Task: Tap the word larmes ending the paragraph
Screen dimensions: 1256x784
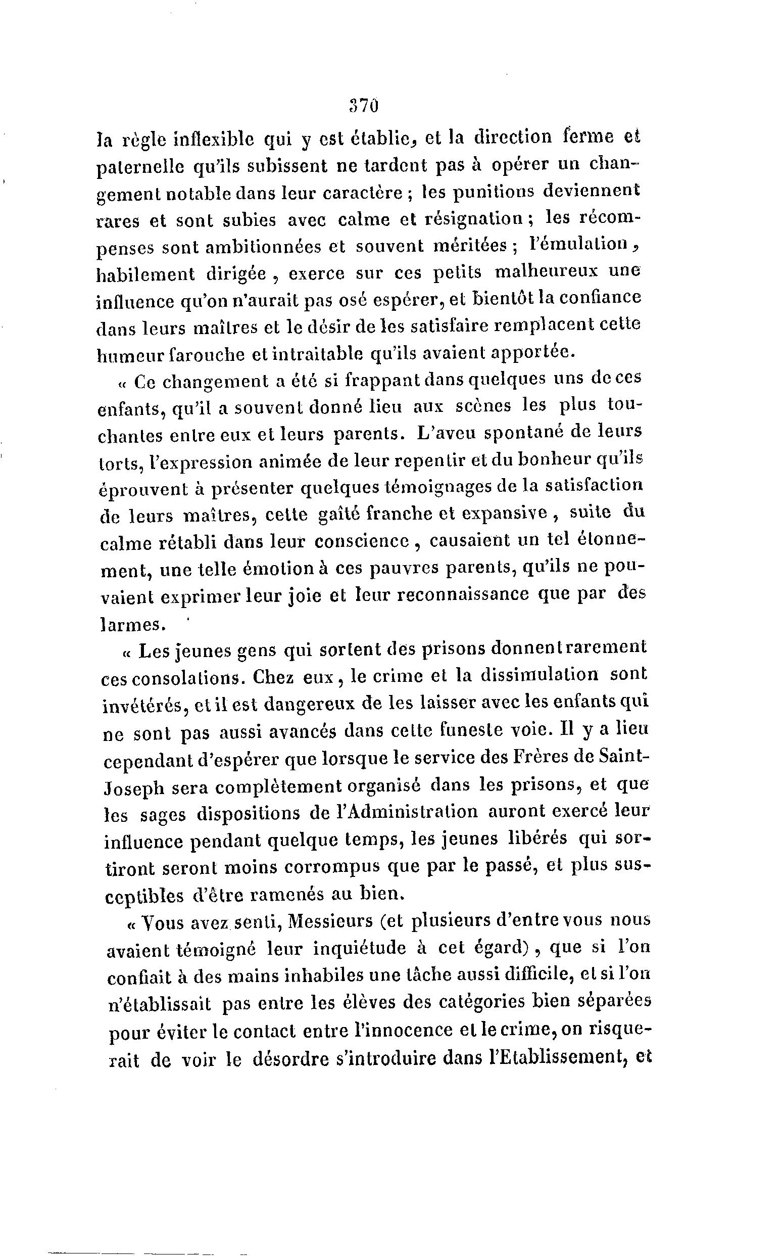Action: (131, 624)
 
